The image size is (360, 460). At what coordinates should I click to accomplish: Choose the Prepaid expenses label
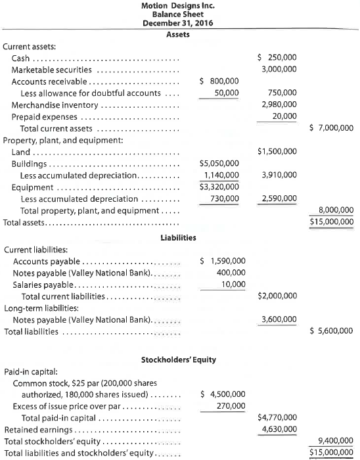tap(45, 116)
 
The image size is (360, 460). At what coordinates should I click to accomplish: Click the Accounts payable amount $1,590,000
tap(222, 261)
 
